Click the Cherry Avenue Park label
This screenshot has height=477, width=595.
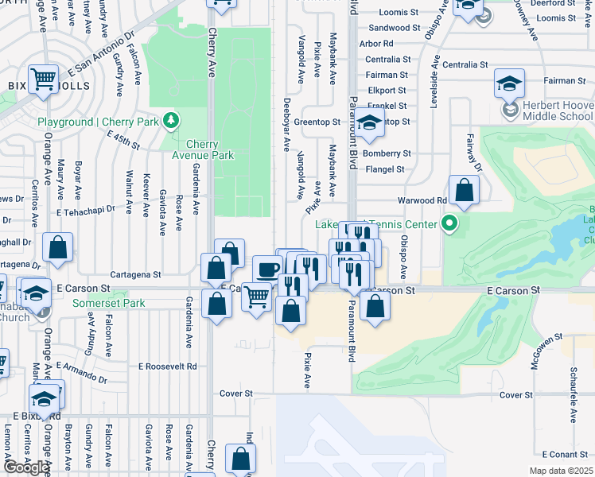tap(209, 149)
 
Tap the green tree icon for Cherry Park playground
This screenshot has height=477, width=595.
tap(169, 121)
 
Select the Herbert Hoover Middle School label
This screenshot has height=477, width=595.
tap(558, 111)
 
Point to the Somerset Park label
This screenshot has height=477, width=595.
tap(109, 303)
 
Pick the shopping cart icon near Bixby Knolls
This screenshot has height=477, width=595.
tap(44, 79)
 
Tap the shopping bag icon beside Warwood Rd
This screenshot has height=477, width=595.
tap(464, 191)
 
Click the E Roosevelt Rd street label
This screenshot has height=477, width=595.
tap(168, 366)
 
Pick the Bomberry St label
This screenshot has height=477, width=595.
tap(386, 153)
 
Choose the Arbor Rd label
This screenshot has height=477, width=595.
tap(376, 44)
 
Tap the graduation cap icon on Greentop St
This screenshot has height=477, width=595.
tap(369, 122)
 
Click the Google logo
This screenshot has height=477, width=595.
tap(26, 468)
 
